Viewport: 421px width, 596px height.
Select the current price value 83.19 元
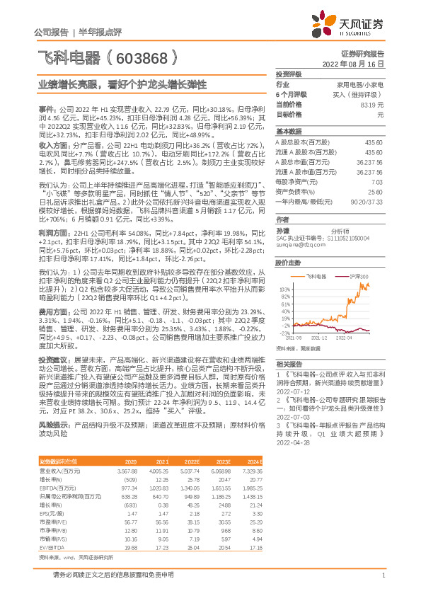point(374,105)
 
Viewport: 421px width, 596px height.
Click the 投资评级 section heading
point(289,74)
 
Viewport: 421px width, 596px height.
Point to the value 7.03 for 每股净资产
point(379,182)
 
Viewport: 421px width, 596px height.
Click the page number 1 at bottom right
point(382,575)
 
